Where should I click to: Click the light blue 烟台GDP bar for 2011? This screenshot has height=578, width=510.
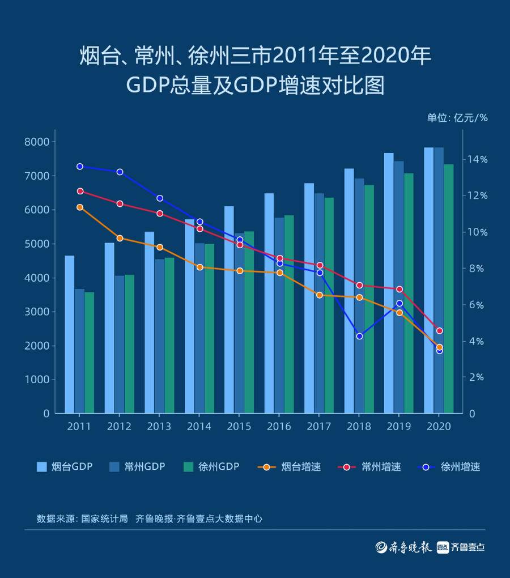(x=69, y=334)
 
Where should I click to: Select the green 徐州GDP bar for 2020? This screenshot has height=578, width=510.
(x=449, y=289)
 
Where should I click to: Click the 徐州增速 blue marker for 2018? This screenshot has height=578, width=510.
(x=359, y=336)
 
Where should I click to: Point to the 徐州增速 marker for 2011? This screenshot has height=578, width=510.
(x=80, y=167)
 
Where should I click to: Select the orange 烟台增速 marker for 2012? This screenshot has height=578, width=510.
(x=120, y=238)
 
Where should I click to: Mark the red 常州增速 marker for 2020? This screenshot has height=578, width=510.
(x=439, y=330)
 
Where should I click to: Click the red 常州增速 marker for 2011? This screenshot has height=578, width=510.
(x=80, y=191)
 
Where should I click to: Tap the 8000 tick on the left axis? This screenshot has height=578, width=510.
(x=37, y=142)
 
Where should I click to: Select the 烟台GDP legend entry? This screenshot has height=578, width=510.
(x=64, y=467)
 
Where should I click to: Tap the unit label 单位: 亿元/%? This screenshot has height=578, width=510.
(x=457, y=118)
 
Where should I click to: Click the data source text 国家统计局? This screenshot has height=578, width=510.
(x=104, y=518)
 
